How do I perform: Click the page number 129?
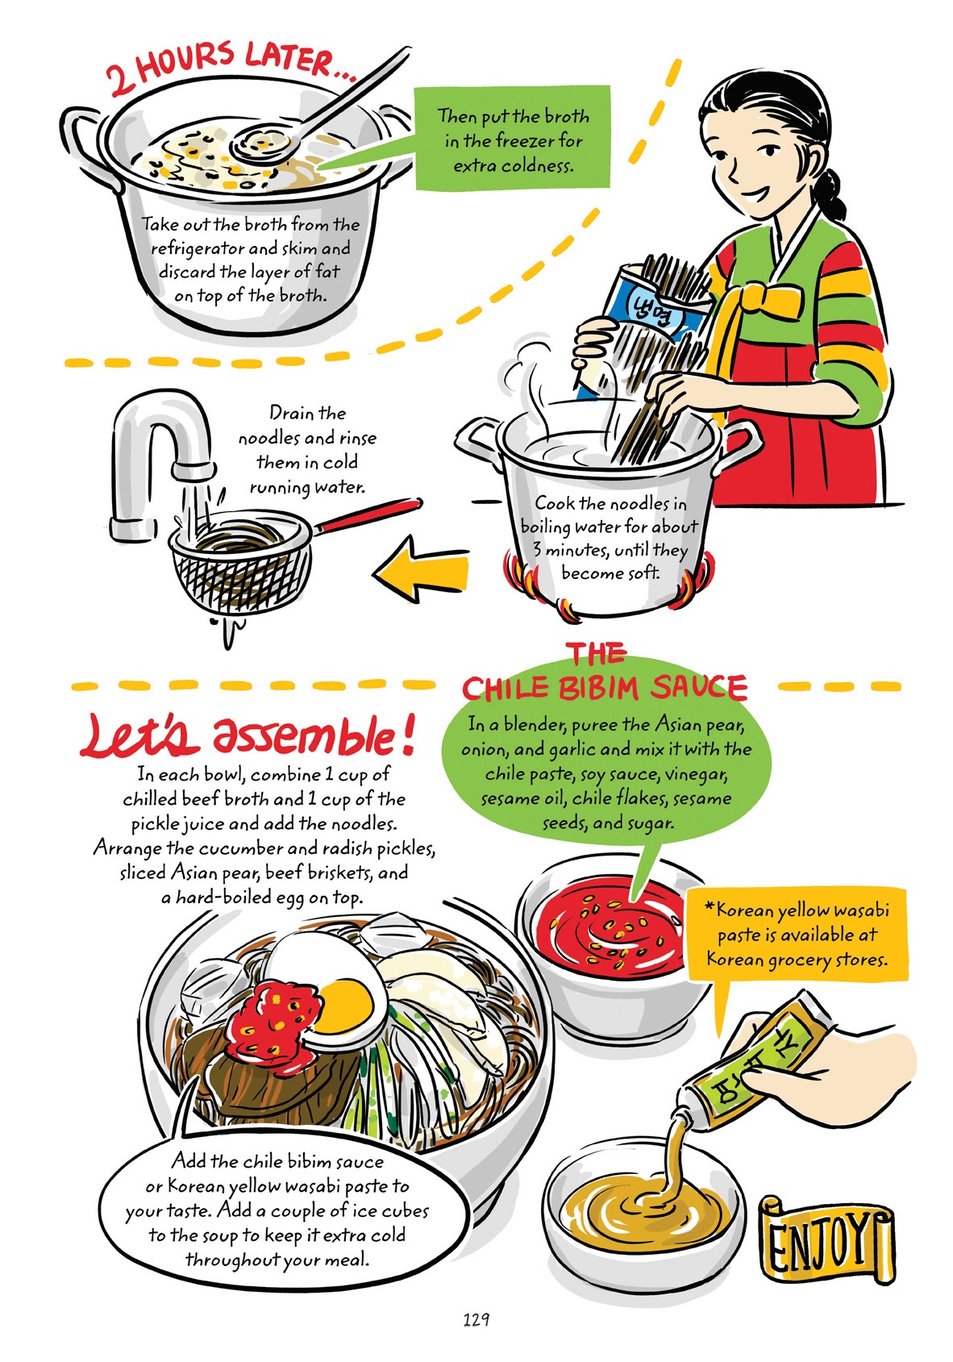476,1320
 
